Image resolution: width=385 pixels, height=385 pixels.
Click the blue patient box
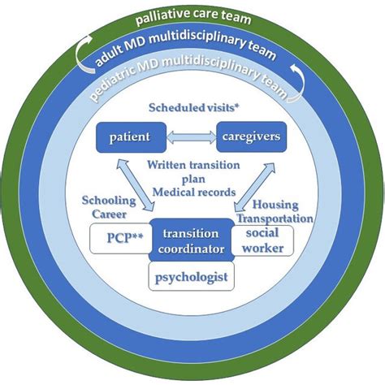131,136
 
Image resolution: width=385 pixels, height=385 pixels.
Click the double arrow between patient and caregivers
191,136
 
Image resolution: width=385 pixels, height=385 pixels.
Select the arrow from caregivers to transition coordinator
249,184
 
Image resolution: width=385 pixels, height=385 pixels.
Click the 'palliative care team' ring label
192,18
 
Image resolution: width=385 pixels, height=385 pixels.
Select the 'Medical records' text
192,192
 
